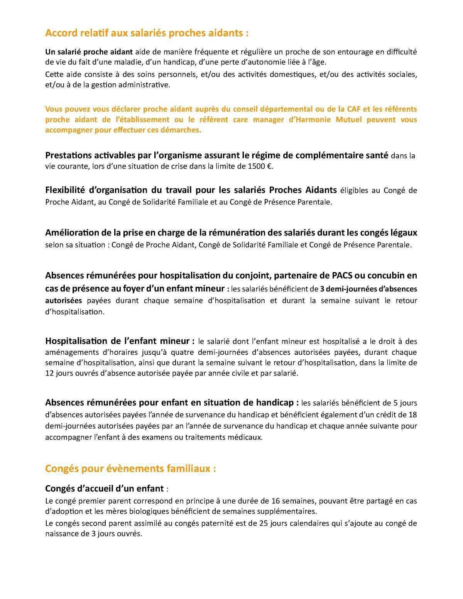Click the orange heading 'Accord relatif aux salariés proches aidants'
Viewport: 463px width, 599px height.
(147, 33)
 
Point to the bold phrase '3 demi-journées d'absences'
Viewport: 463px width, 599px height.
(368, 289)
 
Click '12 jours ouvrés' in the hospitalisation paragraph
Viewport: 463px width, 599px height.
(69, 373)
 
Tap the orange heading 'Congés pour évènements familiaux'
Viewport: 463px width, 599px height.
(130, 469)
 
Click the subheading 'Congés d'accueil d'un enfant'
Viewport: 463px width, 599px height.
(105, 489)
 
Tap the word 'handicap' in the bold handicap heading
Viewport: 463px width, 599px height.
(275, 402)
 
